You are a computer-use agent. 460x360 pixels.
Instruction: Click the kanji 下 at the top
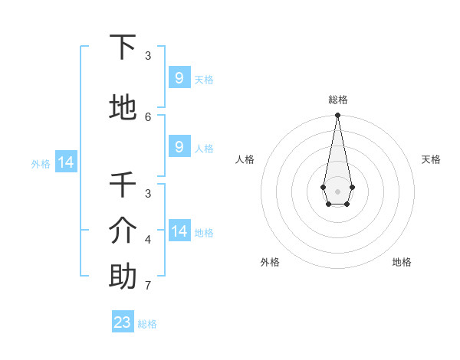(x=123, y=47)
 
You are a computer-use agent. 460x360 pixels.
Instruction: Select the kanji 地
(x=123, y=108)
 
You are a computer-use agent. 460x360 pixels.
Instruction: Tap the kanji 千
(x=123, y=185)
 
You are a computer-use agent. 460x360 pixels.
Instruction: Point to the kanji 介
(x=123, y=230)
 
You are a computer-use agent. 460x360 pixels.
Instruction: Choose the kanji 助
(x=123, y=277)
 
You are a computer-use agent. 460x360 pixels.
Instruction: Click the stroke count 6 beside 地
(x=148, y=116)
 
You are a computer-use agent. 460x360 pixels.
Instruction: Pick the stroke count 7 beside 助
(x=148, y=286)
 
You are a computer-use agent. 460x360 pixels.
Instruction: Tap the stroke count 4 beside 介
(x=148, y=240)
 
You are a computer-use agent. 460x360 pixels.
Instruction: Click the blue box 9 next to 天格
(x=179, y=78)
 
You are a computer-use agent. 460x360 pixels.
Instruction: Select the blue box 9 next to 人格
(x=179, y=148)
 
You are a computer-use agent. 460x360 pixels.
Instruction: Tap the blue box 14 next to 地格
(x=179, y=232)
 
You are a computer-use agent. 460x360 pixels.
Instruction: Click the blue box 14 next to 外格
(x=65, y=162)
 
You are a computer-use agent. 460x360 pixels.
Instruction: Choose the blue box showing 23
(x=123, y=322)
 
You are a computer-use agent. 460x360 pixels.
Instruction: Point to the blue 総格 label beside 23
(x=147, y=324)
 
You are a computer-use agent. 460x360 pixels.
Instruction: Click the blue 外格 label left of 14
(x=41, y=163)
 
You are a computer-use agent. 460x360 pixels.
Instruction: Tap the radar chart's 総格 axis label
(x=338, y=100)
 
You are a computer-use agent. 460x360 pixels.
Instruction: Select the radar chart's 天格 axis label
(x=431, y=159)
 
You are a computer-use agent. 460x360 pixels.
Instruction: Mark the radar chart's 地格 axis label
(x=402, y=262)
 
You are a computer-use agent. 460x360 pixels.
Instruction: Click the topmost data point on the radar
(x=337, y=116)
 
